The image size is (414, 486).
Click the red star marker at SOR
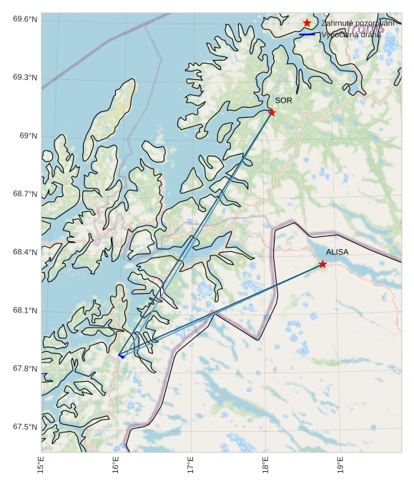pos(272,112)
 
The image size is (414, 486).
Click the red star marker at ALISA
pos(322,264)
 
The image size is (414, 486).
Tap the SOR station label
pos(284,101)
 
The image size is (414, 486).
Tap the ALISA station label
pos(337,252)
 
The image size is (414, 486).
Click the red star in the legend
pos(307,24)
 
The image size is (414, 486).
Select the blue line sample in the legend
pos(307,34)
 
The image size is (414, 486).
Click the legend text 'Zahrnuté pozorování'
pos(358,24)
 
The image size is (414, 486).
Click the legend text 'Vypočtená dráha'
pos(351,34)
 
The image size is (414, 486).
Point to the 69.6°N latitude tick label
pos(25,19)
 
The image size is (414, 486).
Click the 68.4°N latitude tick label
pos(25,252)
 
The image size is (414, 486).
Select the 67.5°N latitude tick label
pos(25,427)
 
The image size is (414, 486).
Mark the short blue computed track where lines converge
pos(121,355)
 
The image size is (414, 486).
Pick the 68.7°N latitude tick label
pos(25,194)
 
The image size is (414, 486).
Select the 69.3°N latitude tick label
pos(25,78)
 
